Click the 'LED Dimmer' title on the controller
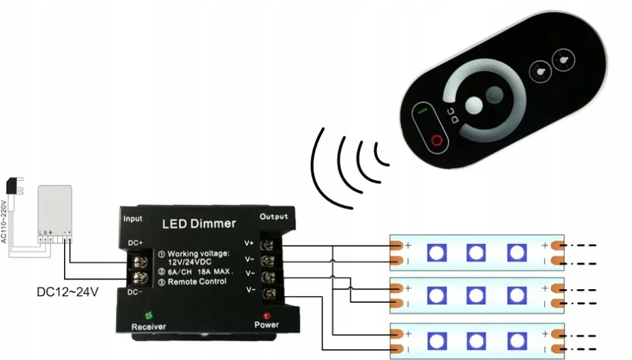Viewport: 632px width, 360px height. (x=199, y=223)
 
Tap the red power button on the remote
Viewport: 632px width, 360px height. (x=435, y=140)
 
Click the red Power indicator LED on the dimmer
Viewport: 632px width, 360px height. (x=267, y=316)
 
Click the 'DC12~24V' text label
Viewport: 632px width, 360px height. (x=67, y=292)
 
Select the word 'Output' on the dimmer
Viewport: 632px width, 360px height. (x=274, y=216)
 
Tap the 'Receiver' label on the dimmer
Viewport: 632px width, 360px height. (x=149, y=327)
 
